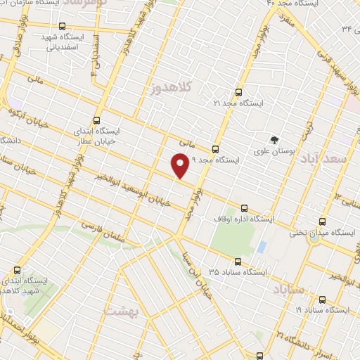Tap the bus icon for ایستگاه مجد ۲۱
click(x=238, y=92)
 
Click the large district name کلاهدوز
click(x=172, y=88)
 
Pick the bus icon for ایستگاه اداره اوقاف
click(x=245, y=207)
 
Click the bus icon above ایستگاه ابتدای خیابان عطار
click(x=96, y=120)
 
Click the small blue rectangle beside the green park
click(x=262, y=247)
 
